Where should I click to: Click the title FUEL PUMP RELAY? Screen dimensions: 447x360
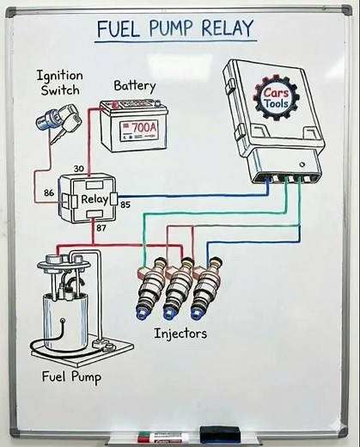click(x=175, y=28)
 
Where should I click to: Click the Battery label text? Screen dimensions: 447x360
click(x=135, y=86)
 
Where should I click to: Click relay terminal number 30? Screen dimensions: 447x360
click(x=79, y=168)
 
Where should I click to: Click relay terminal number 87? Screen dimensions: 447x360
click(x=102, y=228)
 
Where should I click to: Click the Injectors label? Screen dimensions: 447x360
click(x=180, y=333)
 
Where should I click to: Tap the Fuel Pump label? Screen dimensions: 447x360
click(x=72, y=377)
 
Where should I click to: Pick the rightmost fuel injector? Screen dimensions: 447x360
click(x=204, y=290)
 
